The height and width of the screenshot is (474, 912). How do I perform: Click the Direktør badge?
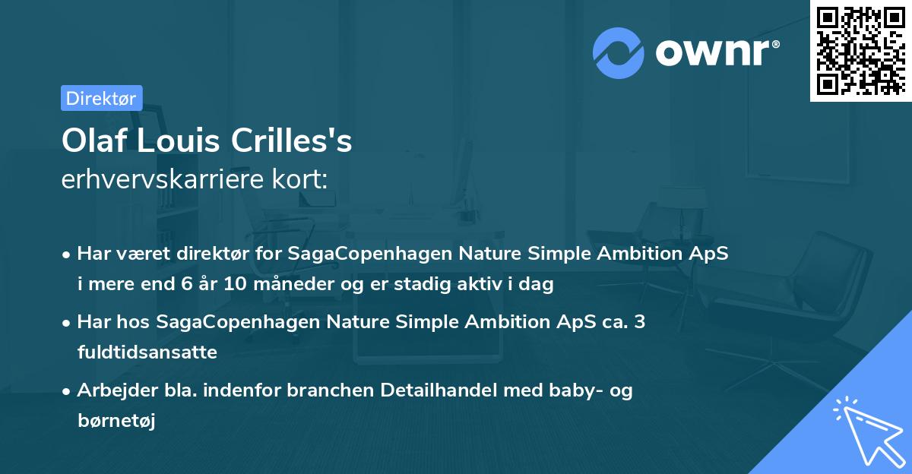point(101,98)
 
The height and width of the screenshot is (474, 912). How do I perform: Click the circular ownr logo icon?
point(619,52)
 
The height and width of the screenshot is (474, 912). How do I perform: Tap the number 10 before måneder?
point(239,285)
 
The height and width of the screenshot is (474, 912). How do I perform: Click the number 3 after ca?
point(640,322)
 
